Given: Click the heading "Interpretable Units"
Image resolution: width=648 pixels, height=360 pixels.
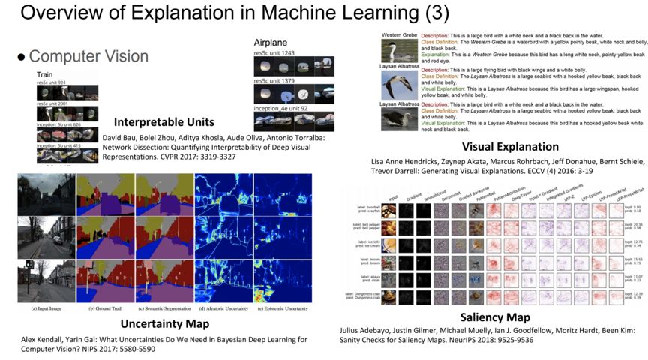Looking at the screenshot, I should coord(163,122).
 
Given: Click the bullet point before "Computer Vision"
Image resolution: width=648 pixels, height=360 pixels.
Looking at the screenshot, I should coord(21,57).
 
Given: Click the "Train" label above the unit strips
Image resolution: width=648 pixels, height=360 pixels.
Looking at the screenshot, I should coord(45,75).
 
